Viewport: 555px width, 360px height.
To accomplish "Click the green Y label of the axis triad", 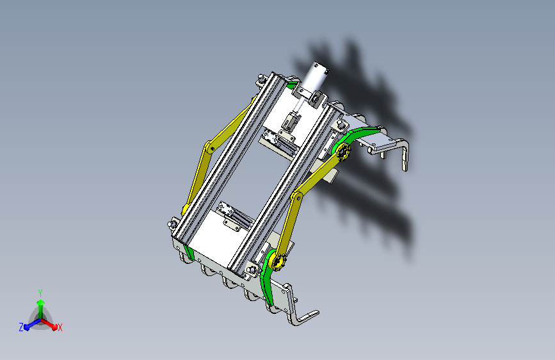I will pyautogui.click(x=40, y=292).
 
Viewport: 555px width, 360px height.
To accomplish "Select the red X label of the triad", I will pyautogui.click(x=60, y=327).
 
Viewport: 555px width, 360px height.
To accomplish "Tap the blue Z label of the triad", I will pyautogui.click(x=21, y=327).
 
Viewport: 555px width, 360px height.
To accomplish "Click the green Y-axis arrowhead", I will pyautogui.click(x=40, y=302).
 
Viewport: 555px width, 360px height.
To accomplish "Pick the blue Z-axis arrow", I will pyautogui.click(x=29, y=323).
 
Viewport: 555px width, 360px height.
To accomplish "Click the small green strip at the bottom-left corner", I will pyautogui.click(x=187, y=251).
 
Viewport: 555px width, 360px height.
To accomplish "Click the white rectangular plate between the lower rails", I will pyautogui.click(x=214, y=240).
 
